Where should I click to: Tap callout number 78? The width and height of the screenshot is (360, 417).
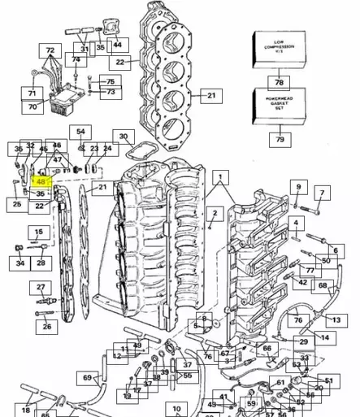[x=279, y=83]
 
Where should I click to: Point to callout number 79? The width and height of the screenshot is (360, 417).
[x=279, y=140]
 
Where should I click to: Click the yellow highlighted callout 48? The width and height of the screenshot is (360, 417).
[x=41, y=183]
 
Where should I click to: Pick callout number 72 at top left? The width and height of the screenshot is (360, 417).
[x=51, y=50]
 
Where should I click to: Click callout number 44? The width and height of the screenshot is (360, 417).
[x=119, y=45]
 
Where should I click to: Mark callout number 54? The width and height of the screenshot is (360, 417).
[x=80, y=132]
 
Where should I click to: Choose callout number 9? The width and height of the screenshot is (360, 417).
[x=298, y=188]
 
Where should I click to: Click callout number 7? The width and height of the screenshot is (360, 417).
[x=322, y=193]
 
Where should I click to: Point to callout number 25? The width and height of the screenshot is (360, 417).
[x=17, y=205]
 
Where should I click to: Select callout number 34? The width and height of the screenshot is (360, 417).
[x=20, y=263]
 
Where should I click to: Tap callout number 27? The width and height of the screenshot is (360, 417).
[x=41, y=288]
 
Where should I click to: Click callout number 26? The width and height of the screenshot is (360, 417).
[x=46, y=327]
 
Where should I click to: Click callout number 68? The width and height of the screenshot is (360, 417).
[x=323, y=285]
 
